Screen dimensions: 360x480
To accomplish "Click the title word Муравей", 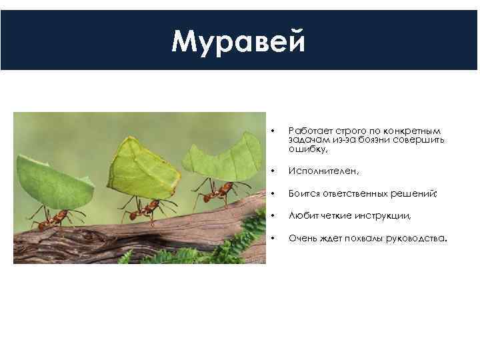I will point(239,41).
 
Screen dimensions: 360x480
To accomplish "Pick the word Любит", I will point(301,215).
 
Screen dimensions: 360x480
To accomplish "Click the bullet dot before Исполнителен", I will point(271,171).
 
